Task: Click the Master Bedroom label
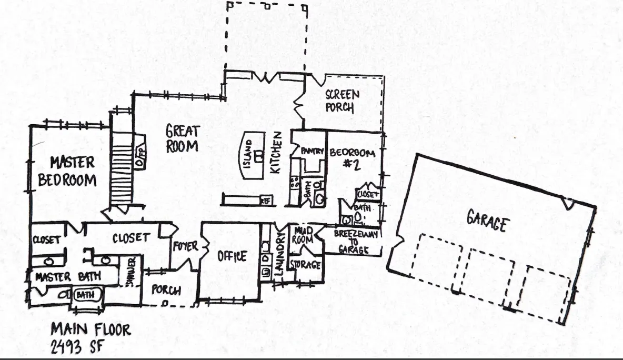(66, 171)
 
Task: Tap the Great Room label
(182, 138)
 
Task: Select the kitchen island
(254, 156)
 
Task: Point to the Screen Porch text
(342, 101)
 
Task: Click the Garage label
(487, 221)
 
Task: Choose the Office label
(232, 256)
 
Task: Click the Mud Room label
(304, 235)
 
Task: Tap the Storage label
(305, 265)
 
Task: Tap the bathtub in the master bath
(85, 295)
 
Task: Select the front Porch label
(166, 290)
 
